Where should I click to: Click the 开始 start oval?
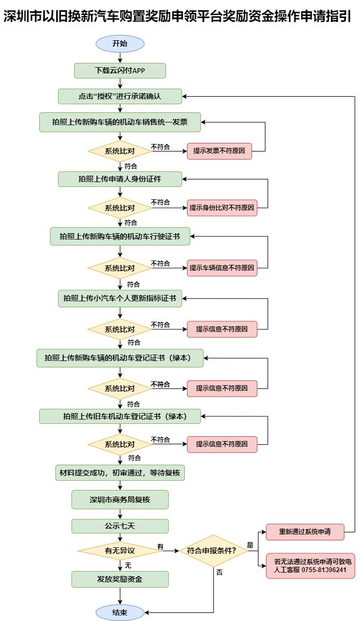(x=120, y=44)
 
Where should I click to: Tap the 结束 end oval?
(x=120, y=612)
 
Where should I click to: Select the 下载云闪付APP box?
(x=120, y=70)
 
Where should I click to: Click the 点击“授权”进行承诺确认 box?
(x=120, y=97)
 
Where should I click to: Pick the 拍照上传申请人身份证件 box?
(x=120, y=179)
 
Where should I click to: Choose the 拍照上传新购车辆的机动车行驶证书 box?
(x=120, y=236)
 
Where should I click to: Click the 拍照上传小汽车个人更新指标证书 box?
(x=120, y=298)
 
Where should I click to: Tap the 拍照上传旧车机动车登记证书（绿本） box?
(x=120, y=416)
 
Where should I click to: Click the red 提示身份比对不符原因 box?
(x=222, y=207)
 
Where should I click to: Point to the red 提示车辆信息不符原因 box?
(x=222, y=268)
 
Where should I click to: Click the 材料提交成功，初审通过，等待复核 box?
(x=120, y=473)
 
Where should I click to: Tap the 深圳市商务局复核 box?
(x=120, y=500)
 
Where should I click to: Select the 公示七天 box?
(x=120, y=525)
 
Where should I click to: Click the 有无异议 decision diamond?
(x=120, y=551)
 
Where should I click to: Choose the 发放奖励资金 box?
(x=120, y=579)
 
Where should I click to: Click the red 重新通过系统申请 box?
(x=305, y=532)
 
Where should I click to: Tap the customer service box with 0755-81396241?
(x=310, y=565)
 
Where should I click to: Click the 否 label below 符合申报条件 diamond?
(x=219, y=573)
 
